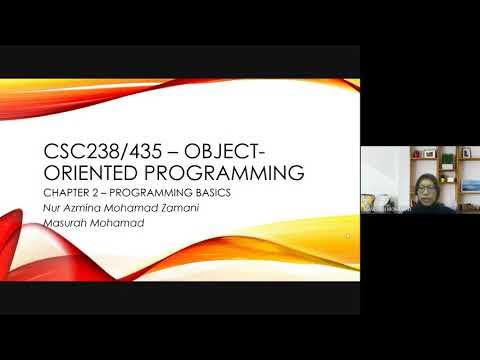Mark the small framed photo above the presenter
pos(428,154)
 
